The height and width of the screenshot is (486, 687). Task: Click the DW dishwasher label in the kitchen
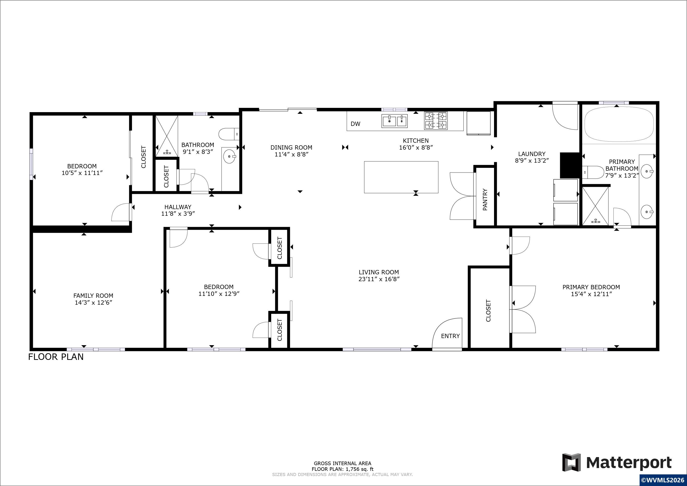355,124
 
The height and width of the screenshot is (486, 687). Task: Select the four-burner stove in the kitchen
436,121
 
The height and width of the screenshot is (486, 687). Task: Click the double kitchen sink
394,121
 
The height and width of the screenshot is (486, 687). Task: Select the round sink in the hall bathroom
230,156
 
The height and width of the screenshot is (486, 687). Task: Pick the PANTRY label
485,200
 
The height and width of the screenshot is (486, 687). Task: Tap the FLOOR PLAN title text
56,357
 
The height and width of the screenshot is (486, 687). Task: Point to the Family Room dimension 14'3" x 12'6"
93,303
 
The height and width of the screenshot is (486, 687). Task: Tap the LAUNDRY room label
532,154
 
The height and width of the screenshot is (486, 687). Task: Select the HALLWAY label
178,207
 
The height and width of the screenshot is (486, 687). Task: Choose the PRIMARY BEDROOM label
591,287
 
